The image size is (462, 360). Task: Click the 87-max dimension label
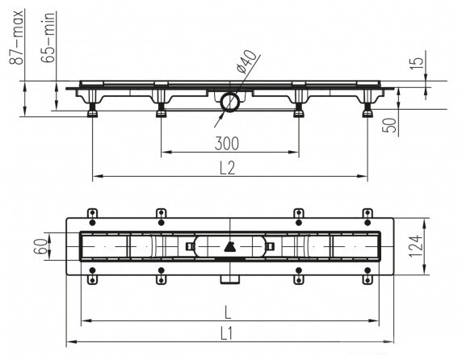click(16, 37)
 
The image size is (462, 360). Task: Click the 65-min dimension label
click(48, 37)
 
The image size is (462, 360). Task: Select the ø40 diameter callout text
click(246, 61)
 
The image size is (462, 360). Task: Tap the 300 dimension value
click(227, 144)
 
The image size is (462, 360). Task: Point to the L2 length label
click(228, 169)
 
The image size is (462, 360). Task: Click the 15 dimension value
click(417, 64)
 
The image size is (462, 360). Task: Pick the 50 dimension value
click(390, 125)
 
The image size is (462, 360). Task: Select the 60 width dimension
click(40, 246)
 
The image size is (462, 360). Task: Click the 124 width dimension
click(415, 246)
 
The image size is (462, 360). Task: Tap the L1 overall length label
click(227, 334)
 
